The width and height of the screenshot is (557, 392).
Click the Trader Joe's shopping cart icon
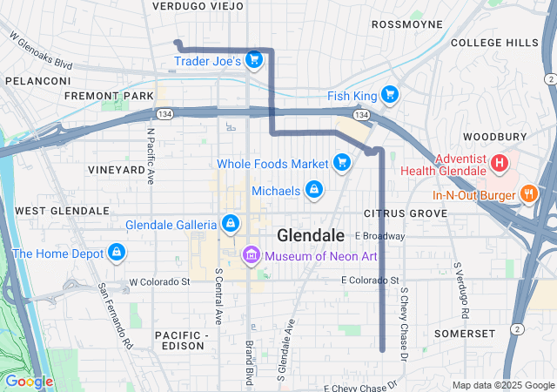click(x=254, y=59)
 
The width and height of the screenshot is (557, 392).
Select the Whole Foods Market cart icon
click(x=342, y=162)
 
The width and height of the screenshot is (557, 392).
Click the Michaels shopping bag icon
click(x=313, y=190)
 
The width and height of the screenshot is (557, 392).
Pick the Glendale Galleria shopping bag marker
click(x=230, y=224)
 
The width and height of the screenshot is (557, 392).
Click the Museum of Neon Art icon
click(x=252, y=254)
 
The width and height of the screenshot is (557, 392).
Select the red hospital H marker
click(x=500, y=162)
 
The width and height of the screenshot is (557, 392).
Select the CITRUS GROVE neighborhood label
click(x=399, y=213)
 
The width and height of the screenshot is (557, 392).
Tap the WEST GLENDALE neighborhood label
click(x=62, y=211)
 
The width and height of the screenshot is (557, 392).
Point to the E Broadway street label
click(x=380, y=236)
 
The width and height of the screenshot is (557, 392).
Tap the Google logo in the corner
click(x=29, y=382)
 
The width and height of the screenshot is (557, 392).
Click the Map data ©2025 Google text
click(x=501, y=385)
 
